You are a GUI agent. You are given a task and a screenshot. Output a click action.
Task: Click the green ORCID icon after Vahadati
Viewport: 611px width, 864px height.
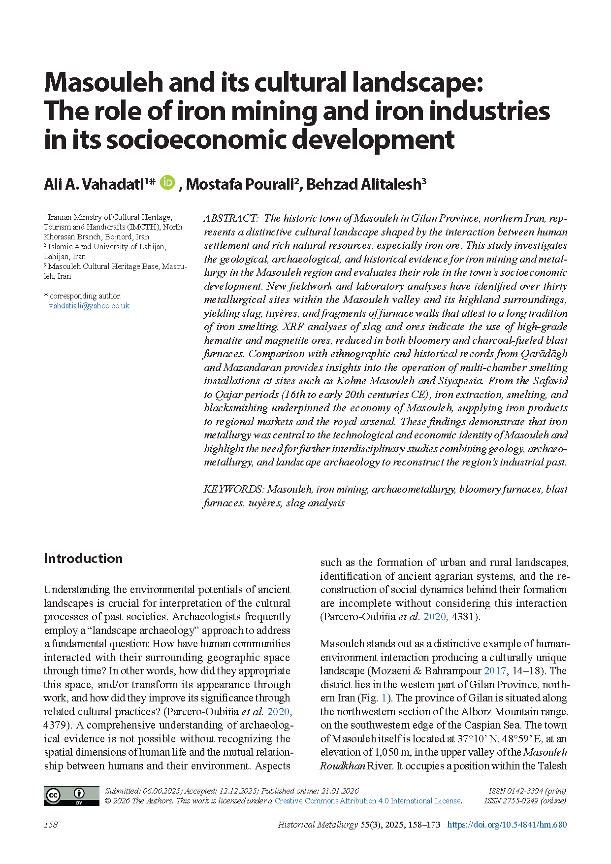tap(168, 183)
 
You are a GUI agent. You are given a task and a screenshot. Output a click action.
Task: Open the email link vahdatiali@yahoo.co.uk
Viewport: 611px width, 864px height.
tap(89, 306)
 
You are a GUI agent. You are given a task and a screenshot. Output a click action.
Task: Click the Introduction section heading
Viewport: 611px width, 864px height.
tap(83, 558)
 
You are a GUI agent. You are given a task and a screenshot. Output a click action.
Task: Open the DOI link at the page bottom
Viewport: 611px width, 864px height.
tap(507, 825)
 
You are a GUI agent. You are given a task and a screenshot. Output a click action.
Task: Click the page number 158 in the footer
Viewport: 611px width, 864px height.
tap(51, 825)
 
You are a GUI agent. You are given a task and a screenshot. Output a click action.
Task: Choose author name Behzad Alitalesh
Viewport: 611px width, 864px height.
tap(363, 184)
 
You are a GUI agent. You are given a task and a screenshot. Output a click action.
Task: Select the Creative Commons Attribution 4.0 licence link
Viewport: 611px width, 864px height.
tap(367, 801)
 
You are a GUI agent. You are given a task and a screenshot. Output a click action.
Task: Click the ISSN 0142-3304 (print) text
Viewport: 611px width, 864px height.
tap(527, 791)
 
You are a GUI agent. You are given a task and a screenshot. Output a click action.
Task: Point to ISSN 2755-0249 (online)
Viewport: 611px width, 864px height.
tap(525, 801)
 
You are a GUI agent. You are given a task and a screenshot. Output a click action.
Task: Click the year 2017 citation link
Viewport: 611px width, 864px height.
tap(495, 671)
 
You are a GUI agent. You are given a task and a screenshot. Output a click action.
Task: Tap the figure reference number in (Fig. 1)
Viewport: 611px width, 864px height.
tap(384, 698)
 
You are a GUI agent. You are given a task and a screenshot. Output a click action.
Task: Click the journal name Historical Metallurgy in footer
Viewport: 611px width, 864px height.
tap(318, 825)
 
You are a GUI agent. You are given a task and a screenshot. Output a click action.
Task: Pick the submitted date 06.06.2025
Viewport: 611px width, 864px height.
tap(161, 791)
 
